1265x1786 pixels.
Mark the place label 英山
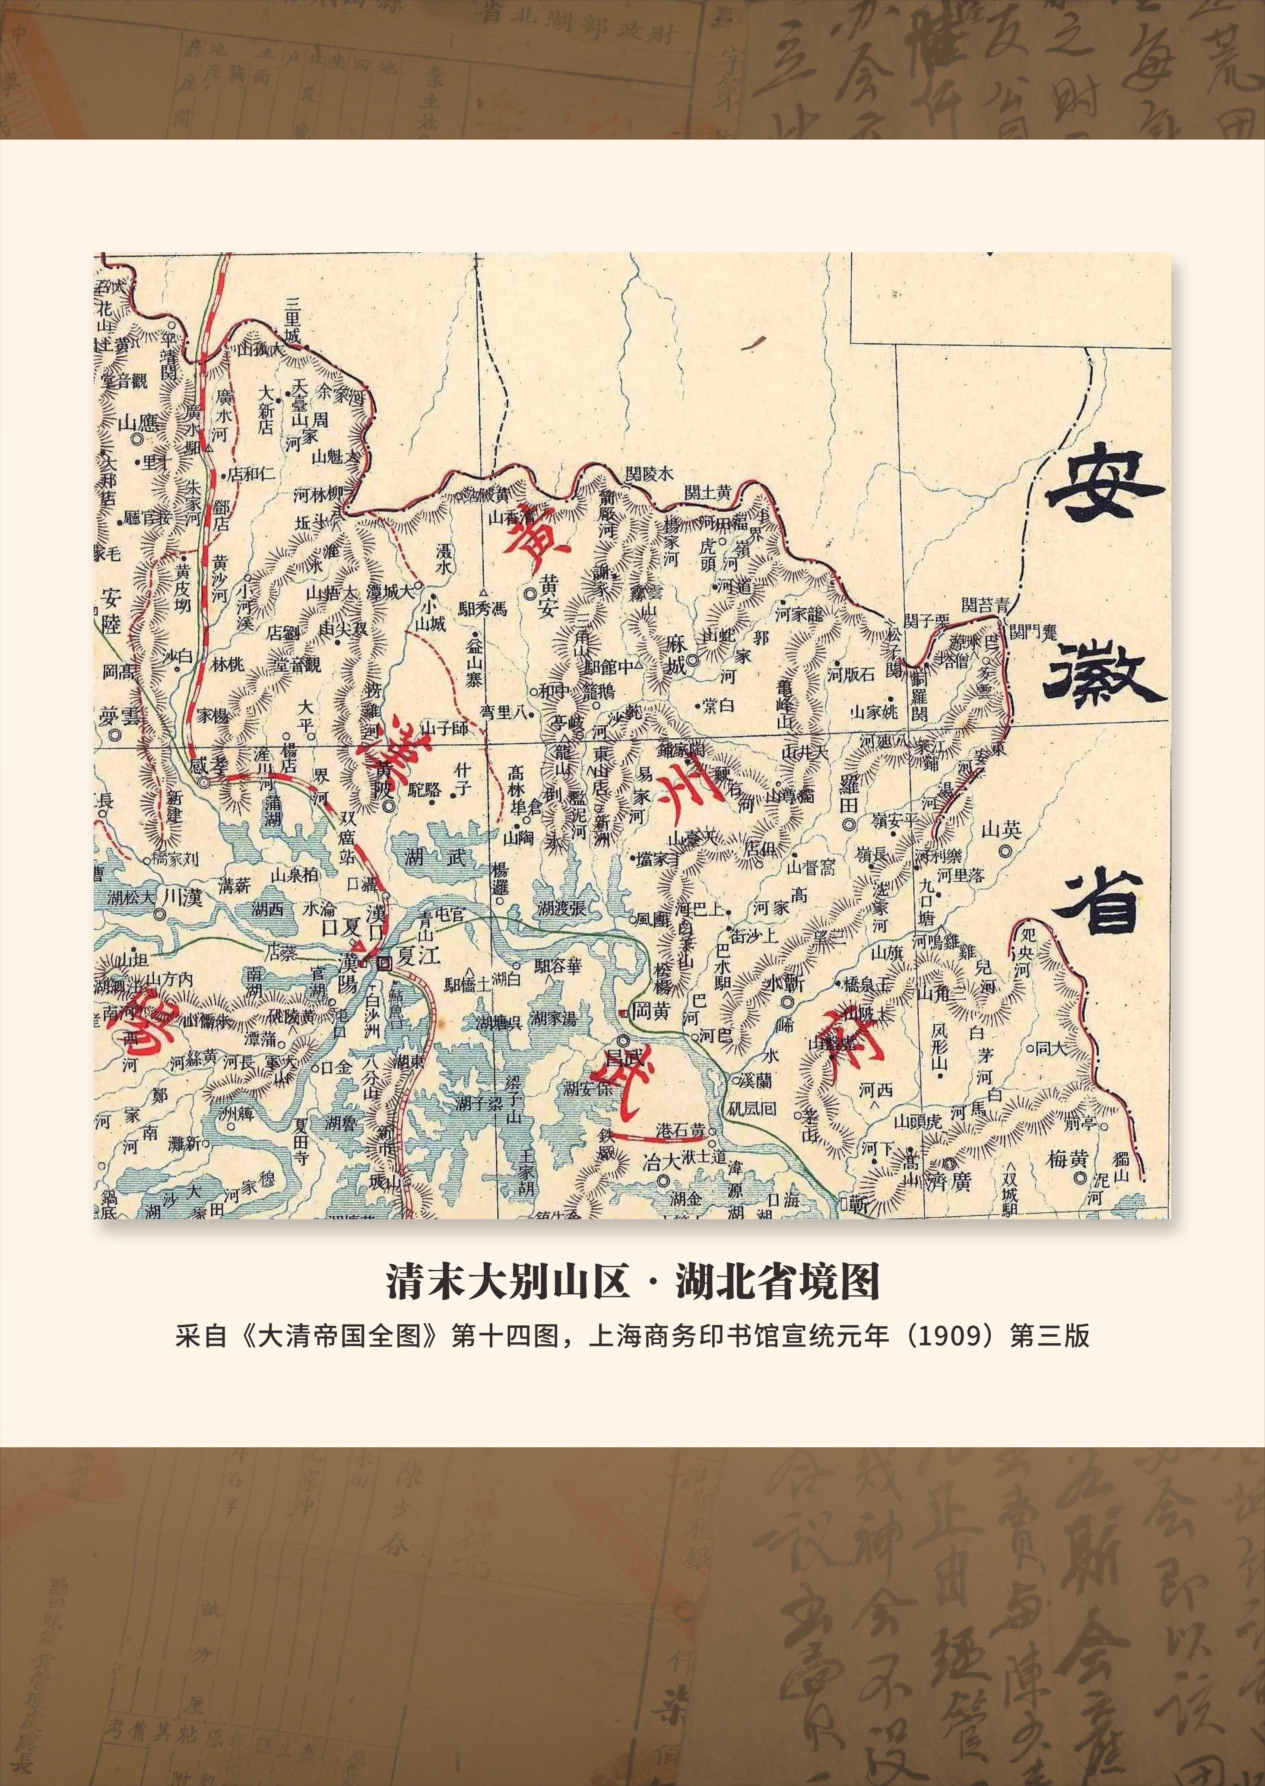point(1001,830)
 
